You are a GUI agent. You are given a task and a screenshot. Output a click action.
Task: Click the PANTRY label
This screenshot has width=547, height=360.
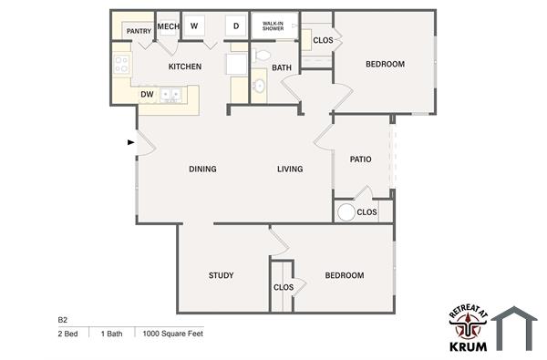tap(139, 31)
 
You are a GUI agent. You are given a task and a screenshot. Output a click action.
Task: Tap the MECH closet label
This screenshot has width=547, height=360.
tap(168, 26)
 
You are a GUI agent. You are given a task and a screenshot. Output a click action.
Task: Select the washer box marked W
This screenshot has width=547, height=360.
tap(194, 26)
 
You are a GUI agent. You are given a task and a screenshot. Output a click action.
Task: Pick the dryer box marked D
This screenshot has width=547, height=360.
tap(235, 26)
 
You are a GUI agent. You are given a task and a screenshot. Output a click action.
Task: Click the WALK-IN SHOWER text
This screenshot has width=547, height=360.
tap(273, 25)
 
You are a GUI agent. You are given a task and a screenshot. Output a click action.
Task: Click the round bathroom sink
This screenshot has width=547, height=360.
tap(259, 87)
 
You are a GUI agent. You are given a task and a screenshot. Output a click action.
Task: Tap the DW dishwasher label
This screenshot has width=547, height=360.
tap(146, 94)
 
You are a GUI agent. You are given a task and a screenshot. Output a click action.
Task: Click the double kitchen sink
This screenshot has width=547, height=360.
tap(170, 93)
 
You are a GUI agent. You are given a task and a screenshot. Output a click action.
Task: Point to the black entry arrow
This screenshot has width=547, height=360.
tap(131, 142)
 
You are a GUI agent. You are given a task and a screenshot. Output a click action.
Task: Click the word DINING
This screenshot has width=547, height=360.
tap(202, 169)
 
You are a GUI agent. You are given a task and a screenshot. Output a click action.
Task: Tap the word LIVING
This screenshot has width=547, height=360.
tap(290, 169)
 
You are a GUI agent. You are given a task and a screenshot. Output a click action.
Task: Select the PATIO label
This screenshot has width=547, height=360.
tap(360, 159)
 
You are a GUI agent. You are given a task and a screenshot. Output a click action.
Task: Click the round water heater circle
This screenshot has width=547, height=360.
tap(346, 212)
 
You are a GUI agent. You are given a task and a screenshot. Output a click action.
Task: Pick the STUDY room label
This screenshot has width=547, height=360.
tap(221, 275)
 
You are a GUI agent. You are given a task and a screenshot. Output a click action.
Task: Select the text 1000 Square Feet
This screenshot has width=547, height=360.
tap(172, 334)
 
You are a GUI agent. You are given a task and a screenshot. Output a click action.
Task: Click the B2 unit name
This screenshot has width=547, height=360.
tap(63, 320)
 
